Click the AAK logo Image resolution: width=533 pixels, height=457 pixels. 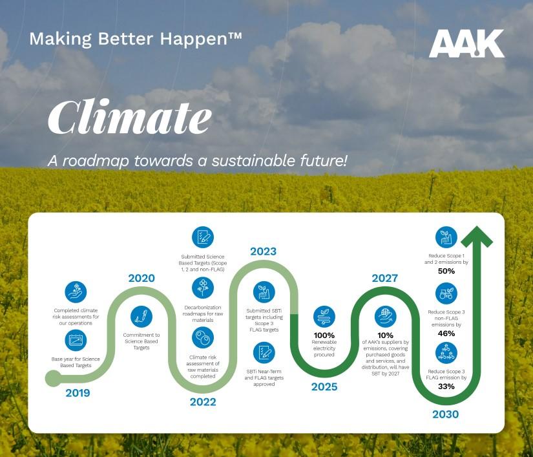coord(466,43)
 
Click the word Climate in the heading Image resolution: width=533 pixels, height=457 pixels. coord(129,116)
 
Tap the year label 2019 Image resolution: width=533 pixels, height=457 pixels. coord(78,393)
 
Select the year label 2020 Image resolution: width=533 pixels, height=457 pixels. coord(141,278)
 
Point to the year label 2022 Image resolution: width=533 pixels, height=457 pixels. coord(203,402)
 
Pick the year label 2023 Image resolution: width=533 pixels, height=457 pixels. coord(264,251)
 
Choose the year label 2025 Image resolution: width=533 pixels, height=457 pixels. coord(324,387)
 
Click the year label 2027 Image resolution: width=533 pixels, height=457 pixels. coord(385,278)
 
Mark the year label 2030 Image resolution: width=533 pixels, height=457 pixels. coord(446,414)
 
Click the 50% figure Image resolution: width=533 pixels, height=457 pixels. coord(446,271)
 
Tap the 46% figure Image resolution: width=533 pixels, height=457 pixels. coord(446,334)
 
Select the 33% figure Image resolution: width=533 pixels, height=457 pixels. coord(446,387)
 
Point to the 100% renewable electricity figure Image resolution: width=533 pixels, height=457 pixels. coord(324,335)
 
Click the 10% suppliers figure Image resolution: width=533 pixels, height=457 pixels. coord(385,335)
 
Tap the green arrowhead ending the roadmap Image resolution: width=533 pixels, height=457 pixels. coord(477,237)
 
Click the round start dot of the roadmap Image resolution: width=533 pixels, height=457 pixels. coord(53,378)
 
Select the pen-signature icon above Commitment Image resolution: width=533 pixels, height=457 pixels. coord(141,317)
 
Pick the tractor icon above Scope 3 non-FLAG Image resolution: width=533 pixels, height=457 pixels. coord(446,293)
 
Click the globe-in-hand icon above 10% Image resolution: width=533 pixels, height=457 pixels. coord(386,317)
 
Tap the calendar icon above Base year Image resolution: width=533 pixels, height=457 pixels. coord(76,341)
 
